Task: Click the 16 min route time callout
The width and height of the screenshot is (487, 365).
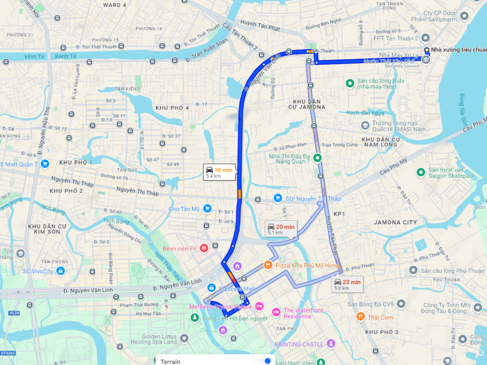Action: (x=219, y=172)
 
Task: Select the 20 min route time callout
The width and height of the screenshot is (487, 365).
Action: (x=281, y=229)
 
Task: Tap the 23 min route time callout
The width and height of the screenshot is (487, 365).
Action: (x=348, y=284)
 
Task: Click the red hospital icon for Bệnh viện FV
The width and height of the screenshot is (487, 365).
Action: (x=204, y=248)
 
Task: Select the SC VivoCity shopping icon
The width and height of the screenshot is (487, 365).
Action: (x=60, y=271)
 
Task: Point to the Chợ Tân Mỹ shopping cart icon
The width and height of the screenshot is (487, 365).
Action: (x=207, y=208)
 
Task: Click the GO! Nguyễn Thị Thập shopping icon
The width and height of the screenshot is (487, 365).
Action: (x=277, y=198)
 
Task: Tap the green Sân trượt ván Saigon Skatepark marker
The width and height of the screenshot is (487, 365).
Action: (x=420, y=172)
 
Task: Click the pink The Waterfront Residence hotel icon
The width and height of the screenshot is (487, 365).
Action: (x=276, y=312)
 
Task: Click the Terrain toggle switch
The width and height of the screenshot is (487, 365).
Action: (x=268, y=361)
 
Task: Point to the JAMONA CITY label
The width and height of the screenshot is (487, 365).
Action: (x=395, y=222)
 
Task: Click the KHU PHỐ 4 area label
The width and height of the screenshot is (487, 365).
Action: (x=172, y=108)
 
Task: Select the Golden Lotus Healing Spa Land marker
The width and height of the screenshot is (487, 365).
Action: (x=184, y=338)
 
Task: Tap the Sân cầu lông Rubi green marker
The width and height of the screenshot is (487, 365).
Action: (x=350, y=83)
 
